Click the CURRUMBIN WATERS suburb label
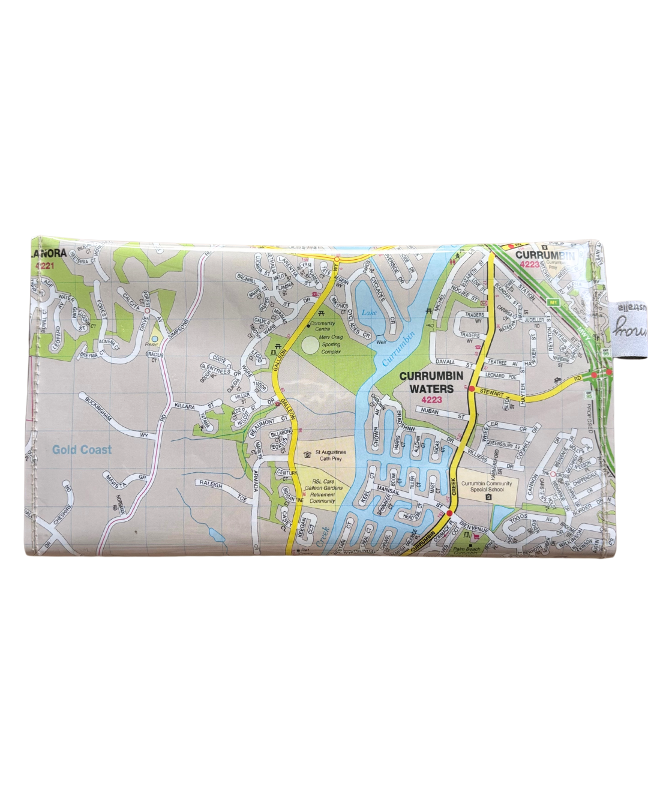click(x=431, y=382)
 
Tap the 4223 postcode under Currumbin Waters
click(x=431, y=400)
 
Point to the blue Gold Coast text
click(x=82, y=449)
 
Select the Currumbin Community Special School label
click(x=487, y=486)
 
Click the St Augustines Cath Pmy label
click(x=330, y=455)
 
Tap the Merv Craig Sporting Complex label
click(x=331, y=344)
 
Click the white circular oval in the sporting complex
click(x=311, y=345)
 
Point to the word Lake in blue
click(x=369, y=313)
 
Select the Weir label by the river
click(x=381, y=342)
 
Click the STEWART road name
click(x=491, y=393)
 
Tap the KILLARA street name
click(x=185, y=407)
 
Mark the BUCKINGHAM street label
click(x=98, y=407)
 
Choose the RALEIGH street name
click(x=211, y=484)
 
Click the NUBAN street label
click(x=430, y=412)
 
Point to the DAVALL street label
click(x=446, y=362)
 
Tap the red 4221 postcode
click(x=44, y=265)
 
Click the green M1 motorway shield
click(x=553, y=302)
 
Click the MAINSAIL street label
click(x=388, y=490)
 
